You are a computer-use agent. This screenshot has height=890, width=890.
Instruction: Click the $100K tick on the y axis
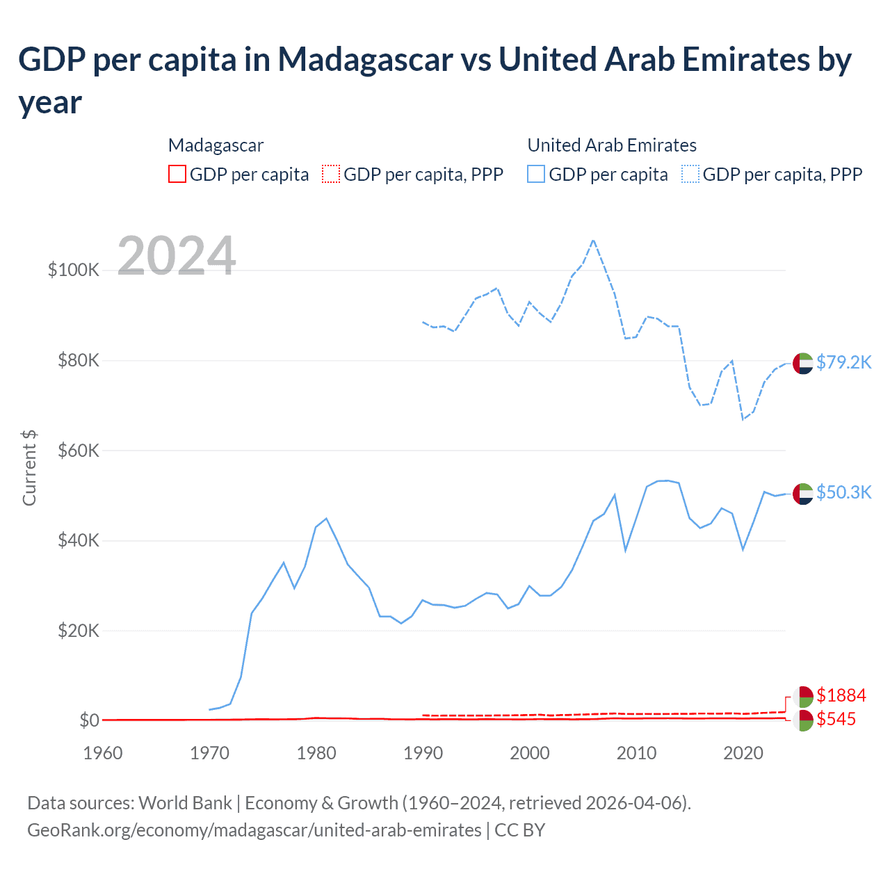coord(74,270)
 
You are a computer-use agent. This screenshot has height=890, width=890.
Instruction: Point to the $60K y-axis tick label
coord(79,451)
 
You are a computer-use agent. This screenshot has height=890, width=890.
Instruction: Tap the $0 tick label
coord(89,720)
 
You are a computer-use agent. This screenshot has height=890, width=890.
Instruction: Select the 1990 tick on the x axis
coord(423,753)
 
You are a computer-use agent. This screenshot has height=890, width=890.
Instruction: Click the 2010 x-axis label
coord(636,753)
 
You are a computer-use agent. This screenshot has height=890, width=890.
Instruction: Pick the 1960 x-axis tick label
coord(103,753)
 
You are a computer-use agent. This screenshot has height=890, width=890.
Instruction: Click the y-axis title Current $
coord(29,467)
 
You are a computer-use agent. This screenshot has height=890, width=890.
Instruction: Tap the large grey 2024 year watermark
coord(177,256)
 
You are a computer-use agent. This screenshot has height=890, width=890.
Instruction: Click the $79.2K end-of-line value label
coord(843,362)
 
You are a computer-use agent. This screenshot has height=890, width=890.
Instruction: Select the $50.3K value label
coord(843,492)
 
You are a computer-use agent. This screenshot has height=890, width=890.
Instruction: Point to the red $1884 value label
coord(841,695)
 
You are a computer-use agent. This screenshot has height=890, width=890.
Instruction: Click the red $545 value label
coord(836,719)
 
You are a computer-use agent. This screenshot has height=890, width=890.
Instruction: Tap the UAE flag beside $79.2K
coord(803,363)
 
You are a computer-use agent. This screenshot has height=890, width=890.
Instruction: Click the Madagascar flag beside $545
coord(803,720)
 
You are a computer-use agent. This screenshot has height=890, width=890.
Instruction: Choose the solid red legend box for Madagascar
coord(177,174)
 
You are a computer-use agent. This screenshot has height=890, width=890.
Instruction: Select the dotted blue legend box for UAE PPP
coord(690,174)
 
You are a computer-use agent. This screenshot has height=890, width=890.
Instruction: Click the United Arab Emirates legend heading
coord(612,145)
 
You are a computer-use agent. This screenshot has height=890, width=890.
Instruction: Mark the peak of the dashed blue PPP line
coord(593,241)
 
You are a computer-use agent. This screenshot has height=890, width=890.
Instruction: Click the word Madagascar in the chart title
coord(366,60)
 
